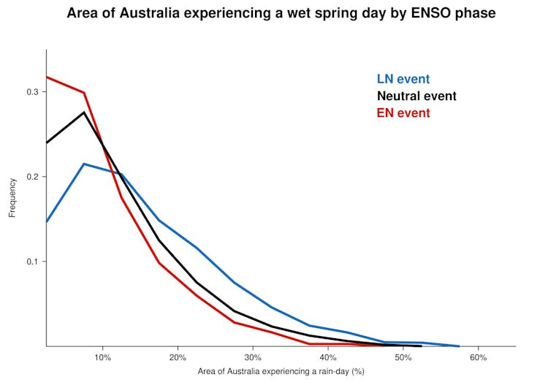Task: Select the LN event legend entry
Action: click(x=403, y=79)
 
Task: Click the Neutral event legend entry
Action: click(x=416, y=96)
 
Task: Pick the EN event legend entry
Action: click(x=403, y=113)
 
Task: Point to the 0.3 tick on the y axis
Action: click(x=34, y=92)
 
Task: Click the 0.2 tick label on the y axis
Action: click(x=34, y=177)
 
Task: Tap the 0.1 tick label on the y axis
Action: click(x=34, y=262)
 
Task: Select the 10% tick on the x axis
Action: click(x=103, y=357)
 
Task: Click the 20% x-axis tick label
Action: click(x=178, y=357)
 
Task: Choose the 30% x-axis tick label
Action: click(x=253, y=357)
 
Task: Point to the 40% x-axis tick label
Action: click(x=328, y=357)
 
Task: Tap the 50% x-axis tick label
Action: click(x=403, y=357)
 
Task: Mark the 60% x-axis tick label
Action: click(x=478, y=357)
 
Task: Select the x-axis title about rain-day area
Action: click(x=281, y=372)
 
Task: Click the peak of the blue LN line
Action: click(x=84, y=164)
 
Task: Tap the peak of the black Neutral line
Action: click(x=84, y=112)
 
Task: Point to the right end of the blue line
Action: click(x=459, y=346)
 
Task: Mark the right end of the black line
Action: click(x=422, y=346)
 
